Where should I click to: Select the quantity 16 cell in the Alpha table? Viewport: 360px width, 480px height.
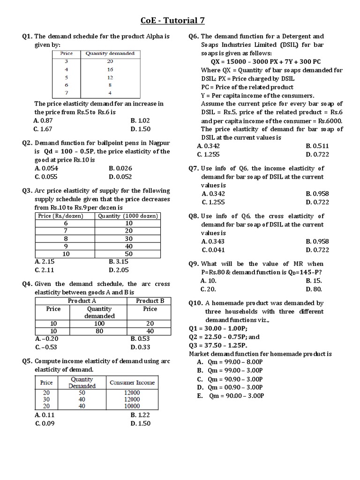coord(110,69)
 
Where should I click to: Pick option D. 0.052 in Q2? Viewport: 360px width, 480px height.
coord(120,176)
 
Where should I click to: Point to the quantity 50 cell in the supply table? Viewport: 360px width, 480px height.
coord(128,254)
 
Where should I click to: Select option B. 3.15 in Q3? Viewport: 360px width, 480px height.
coord(118,262)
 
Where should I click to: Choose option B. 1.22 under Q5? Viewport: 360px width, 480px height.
coord(141,415)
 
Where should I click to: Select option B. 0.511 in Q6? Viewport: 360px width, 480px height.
coord(317,146)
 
